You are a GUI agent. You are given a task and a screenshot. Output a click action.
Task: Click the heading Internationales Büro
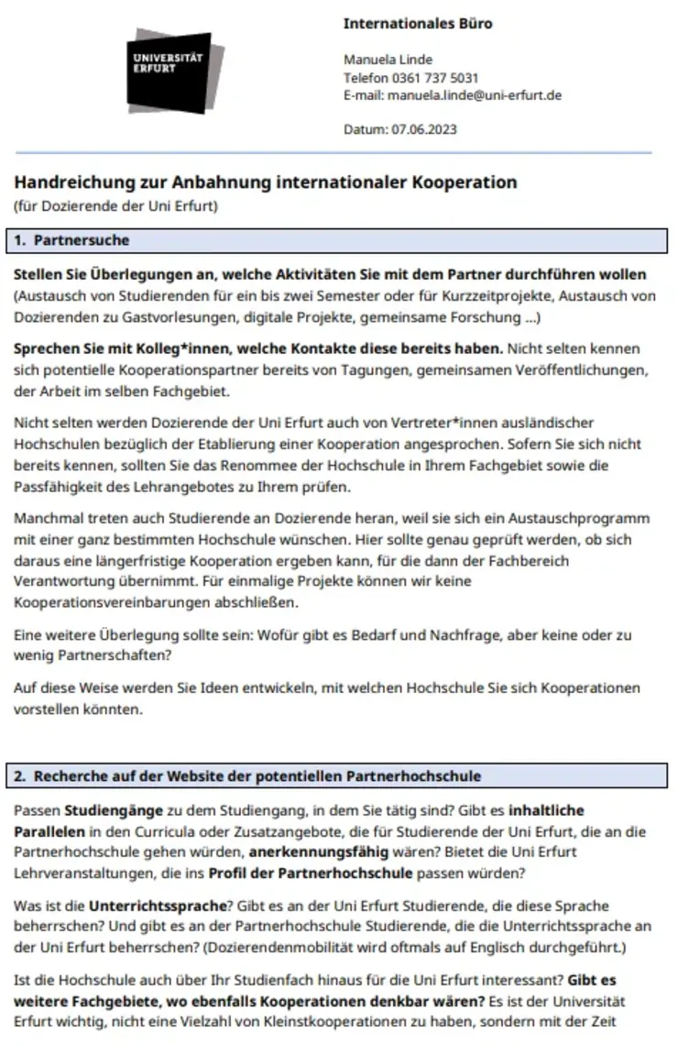[x=417, y=24]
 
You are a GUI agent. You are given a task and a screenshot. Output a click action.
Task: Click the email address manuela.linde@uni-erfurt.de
[x=475, y=94]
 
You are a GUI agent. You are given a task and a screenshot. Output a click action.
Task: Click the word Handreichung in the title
[x=67, y=182]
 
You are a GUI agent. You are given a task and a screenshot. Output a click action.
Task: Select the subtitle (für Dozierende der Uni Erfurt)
[x=115, y=205]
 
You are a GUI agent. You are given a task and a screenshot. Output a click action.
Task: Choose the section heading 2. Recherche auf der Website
[x=247, y=776]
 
